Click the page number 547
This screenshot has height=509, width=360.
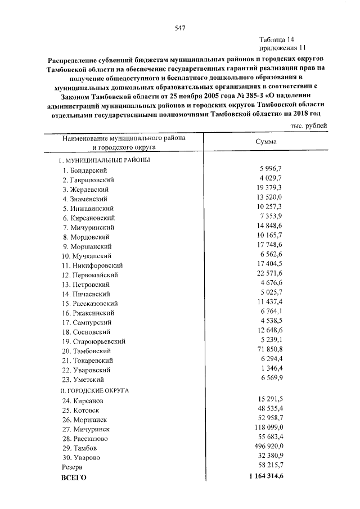point(180,28)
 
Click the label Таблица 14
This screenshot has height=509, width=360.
point(277,39)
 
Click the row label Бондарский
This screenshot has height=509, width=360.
point(85,170)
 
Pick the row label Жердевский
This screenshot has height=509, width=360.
point(86,189)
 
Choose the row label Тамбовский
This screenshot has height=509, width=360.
point(89,350)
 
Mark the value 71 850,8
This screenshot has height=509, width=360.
point(269,349)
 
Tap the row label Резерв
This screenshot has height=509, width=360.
point(72,467)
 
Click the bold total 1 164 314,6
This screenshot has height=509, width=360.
point(264,476)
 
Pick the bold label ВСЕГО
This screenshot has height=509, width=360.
point(73,477)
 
